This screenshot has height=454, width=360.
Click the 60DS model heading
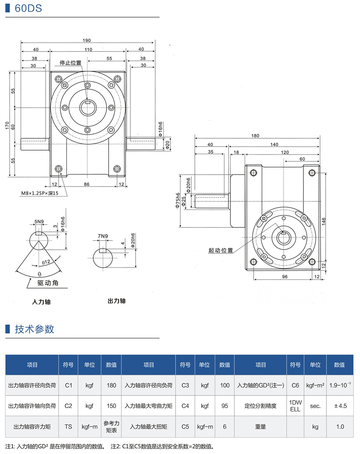tap(28, 8)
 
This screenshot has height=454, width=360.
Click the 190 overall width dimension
tap(87, 40)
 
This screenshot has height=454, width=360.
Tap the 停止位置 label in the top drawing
tap(70, 63)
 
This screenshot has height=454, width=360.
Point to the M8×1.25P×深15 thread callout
tap(40, 193)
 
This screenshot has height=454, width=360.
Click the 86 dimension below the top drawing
tap(87, 185)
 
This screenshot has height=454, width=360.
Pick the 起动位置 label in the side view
tap(220, 251)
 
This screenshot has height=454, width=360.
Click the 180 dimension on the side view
tap(255, 136)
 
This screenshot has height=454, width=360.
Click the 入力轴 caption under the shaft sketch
tap(41, 302)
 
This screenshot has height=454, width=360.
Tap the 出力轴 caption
tap(116, 301)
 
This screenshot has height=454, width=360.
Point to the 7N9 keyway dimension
tap(103, 236)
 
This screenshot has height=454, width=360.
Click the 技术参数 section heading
tap(34, 329)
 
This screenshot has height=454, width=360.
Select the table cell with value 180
tap(112, 385)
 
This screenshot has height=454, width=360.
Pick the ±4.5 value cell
tap(340, 406)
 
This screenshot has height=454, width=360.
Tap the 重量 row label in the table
tap(260, 426)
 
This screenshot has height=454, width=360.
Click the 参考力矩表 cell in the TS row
tap(112, 426)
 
